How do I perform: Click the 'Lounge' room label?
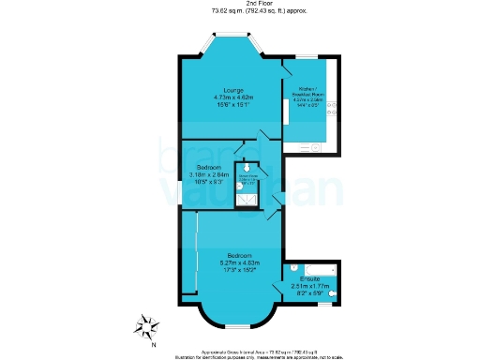tap(220, 89)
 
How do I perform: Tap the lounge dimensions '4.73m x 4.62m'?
tap(220, 97)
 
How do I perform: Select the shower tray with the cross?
tap(247, 198)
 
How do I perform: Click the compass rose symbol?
tap(145, 327)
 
